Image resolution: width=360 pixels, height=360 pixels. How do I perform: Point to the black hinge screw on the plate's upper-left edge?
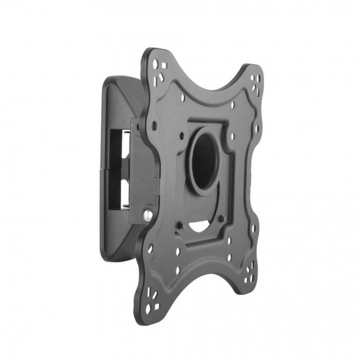[154, 125]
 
